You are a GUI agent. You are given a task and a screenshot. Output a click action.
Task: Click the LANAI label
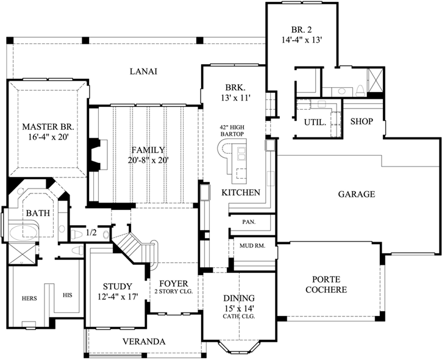[144, 71]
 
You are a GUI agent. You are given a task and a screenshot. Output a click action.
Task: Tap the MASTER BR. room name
[48, 127]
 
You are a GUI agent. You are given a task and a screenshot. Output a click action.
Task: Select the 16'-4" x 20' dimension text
[48, 138]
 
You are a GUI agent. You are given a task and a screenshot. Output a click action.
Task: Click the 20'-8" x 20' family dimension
[149, 160]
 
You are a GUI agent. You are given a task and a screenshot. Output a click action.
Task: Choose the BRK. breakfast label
[235, 87]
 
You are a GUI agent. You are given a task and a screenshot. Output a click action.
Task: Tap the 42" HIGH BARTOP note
[232, 131]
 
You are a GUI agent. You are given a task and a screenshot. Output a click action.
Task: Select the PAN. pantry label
[248, 222]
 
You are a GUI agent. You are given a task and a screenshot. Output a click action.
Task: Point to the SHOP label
[362, 121]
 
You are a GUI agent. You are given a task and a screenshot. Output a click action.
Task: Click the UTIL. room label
[315, 122]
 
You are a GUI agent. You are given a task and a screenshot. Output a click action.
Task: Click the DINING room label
[238, 298]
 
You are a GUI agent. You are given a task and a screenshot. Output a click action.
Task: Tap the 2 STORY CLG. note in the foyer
[174, 292]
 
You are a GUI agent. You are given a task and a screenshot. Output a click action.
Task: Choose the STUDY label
[117, 286]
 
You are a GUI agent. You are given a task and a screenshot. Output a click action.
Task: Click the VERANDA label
[143, 341]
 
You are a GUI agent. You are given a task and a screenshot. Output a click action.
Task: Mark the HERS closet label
[30, 298]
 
